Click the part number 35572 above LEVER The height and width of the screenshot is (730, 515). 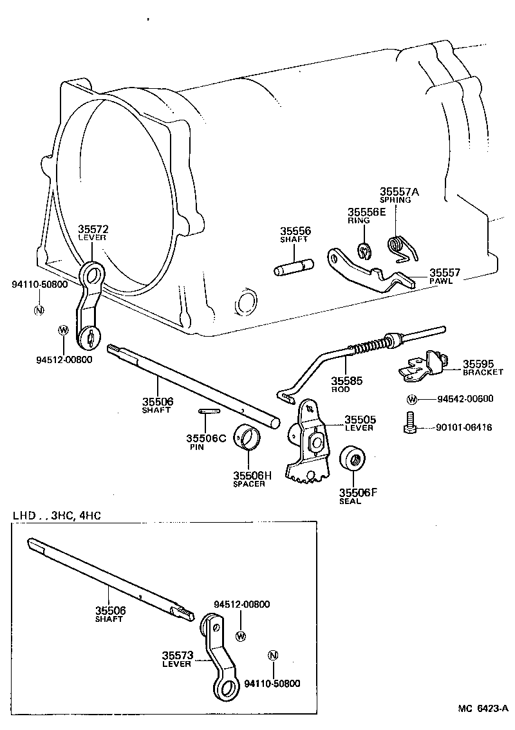93,229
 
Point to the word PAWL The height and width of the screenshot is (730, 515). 441,281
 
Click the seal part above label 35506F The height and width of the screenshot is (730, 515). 351,460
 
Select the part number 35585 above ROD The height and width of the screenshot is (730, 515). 347,381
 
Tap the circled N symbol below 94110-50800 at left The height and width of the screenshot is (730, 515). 39,309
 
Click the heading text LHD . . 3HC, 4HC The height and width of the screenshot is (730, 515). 57,516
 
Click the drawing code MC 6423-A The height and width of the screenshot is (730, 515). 483,709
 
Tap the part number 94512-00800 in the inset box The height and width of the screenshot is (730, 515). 241,604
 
